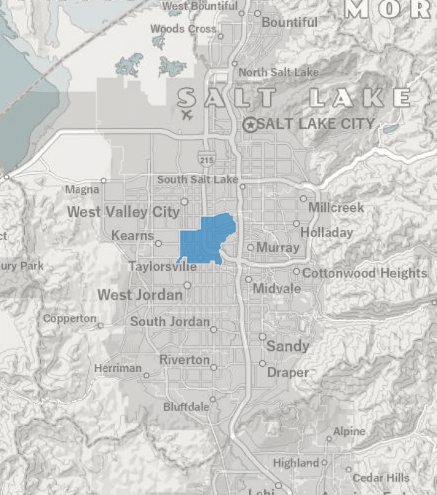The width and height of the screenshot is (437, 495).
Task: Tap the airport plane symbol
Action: point(186,114)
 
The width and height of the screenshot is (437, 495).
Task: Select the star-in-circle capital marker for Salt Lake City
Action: point(250,124)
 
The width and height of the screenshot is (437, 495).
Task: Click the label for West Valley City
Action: point(123,212)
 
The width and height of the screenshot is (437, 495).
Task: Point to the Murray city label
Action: point(277,247)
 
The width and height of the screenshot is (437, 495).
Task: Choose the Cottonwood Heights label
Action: point(364,273)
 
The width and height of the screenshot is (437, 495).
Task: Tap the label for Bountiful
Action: point(289,23)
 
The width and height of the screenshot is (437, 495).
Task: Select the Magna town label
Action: point(82,190)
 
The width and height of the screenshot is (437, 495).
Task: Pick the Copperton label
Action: point(69,318)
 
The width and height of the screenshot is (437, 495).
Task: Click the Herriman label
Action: point(118,368)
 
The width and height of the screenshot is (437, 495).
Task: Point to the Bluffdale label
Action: point(186,407)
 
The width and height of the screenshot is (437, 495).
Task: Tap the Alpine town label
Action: point(349,432)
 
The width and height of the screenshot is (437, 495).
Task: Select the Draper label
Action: point(288,372)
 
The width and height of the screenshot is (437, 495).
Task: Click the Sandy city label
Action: point(288,346)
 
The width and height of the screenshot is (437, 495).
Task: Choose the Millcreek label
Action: point(336,207)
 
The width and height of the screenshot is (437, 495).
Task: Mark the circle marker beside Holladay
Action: point(296,223)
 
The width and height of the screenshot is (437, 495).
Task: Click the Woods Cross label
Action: point(183,29)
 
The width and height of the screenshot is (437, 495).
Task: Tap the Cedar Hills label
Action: point(381,478)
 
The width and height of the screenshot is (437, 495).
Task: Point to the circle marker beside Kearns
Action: point(158,243)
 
